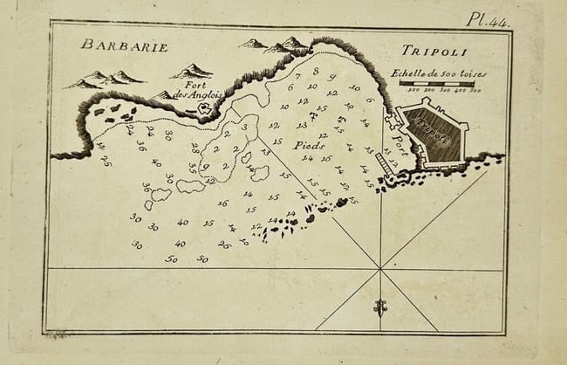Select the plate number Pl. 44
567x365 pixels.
488,18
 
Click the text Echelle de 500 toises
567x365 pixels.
439,73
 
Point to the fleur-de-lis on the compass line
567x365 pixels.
380,306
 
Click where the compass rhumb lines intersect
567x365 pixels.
380,269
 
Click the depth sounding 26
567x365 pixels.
223,245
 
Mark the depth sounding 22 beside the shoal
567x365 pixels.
210,181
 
